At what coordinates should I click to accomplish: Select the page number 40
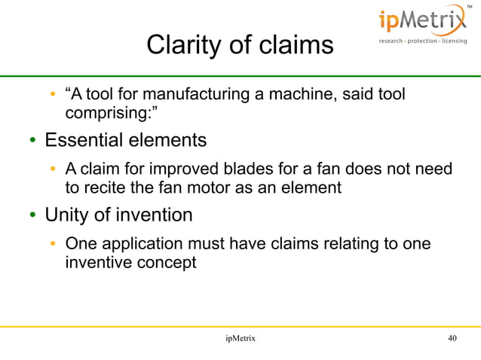(452, 339)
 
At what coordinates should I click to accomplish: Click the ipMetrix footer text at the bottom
(240, 339)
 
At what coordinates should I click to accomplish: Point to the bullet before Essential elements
(34, 142)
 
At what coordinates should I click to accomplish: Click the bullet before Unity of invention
(34, 216)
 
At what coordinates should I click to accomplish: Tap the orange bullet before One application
(54, 243)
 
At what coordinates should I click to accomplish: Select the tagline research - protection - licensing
(422, 41)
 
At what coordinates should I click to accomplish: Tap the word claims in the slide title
(296, 45)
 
